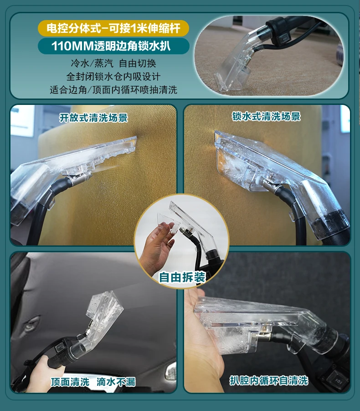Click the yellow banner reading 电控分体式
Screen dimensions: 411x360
tap(113, 29)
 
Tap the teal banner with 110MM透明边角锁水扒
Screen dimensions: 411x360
tap(113, 46)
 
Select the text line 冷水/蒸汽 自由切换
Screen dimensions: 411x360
tap(113, 63)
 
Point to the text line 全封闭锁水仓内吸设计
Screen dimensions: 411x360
tap(113, 76)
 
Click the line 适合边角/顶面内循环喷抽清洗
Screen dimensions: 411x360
tap(113, 89)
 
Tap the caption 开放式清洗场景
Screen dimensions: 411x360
tap(93, 118)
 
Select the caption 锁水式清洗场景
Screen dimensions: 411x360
tap(266, 116)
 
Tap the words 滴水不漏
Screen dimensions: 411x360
tap(116, 382)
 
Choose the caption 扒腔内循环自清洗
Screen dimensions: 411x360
tap(269, 380)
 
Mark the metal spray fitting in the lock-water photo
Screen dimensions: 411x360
tap(269, 185)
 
